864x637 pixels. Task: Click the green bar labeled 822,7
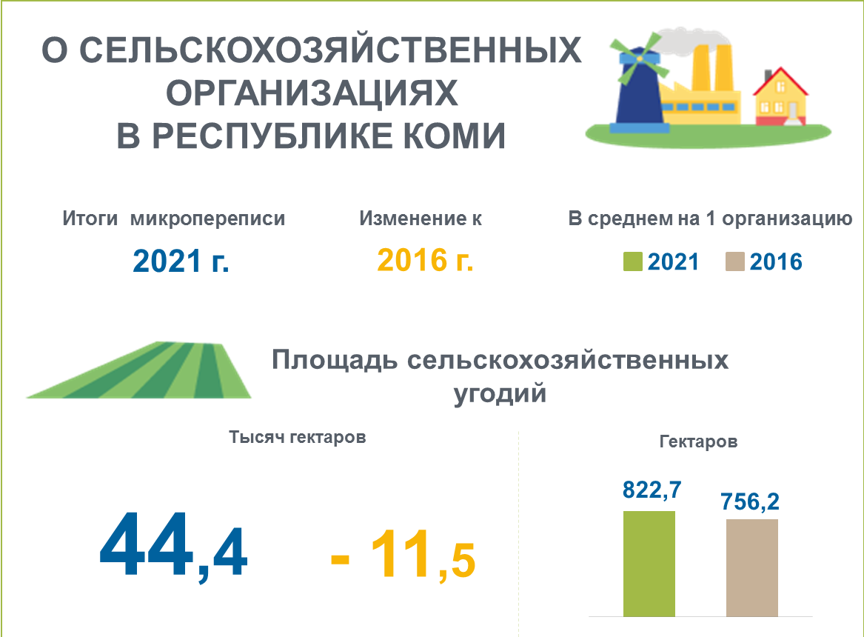649,564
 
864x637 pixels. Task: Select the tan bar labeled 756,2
752,568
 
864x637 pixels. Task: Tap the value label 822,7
652,490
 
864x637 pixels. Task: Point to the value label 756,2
750,502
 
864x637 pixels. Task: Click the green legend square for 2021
632,261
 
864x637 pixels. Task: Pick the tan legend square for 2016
735,261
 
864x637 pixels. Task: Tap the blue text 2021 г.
181,261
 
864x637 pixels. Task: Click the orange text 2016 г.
425,260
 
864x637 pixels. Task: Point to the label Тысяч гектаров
298,437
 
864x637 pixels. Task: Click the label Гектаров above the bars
698,441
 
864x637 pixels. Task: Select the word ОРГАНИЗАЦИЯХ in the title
312,93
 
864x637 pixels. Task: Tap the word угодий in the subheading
500,394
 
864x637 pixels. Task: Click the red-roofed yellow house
780,98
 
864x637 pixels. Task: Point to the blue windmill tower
639,91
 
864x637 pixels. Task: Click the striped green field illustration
139,370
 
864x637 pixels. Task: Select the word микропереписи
208,219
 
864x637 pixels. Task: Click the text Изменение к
421,219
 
